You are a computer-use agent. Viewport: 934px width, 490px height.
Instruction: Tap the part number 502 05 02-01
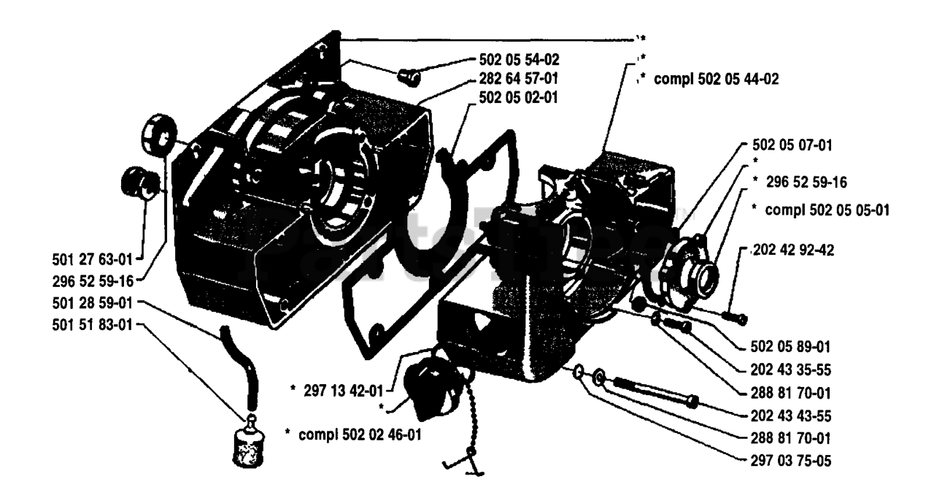(520, 96)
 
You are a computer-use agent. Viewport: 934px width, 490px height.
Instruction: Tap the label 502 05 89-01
(790, 347)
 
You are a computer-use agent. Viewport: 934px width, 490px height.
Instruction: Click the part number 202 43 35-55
(790, 370)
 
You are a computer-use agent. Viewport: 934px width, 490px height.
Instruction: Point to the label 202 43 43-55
(790, 416)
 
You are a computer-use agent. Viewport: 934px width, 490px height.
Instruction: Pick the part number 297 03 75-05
(790, 461)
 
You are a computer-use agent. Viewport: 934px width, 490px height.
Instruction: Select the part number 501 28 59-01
(86, 302)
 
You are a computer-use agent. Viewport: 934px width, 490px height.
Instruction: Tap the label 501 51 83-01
(86, 325)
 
